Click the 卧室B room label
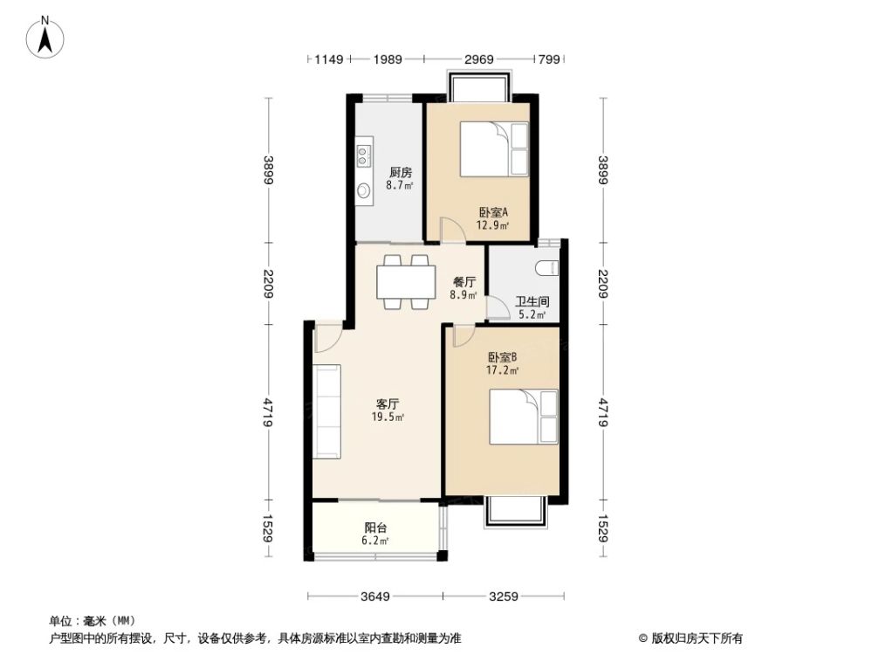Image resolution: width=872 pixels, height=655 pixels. pos(503,356)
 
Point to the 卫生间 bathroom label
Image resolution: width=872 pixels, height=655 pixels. pos(530,302)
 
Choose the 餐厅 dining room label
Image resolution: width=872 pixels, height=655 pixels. pos(464,282)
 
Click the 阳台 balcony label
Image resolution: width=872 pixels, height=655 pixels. pos(375,527)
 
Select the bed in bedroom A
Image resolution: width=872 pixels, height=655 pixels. pos(494,149)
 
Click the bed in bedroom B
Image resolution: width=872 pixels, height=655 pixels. pos(523,417)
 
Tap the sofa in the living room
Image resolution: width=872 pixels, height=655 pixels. pos(329,411)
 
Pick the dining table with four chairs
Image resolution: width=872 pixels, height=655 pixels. pos(406,281)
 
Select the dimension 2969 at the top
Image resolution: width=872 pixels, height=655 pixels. pos(479,59)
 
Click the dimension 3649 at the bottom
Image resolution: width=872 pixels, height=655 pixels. pos(375,597)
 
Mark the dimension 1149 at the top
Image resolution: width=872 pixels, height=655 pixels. pos(329,59)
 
